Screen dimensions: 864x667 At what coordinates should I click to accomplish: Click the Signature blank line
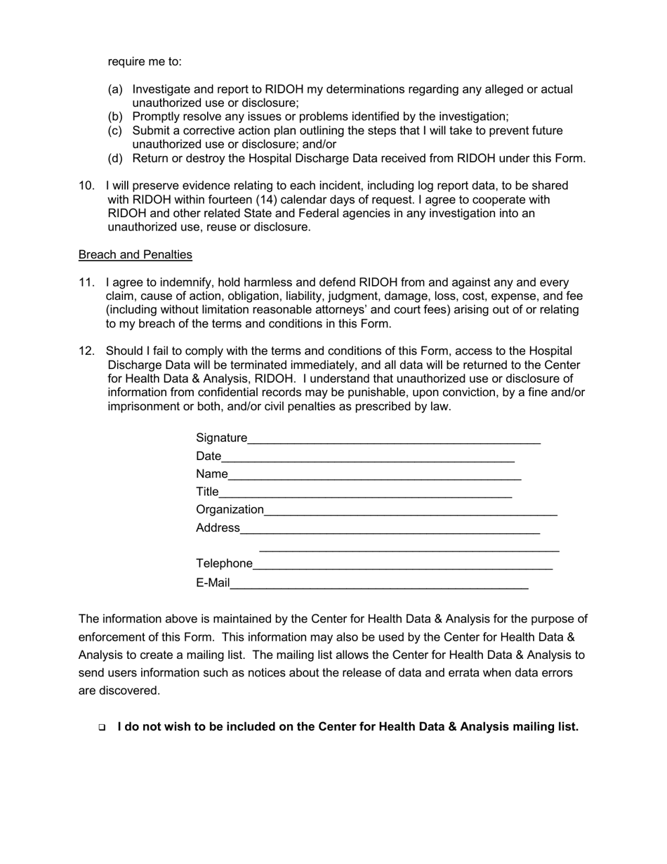[394, 440]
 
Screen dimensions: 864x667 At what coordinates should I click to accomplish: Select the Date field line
[368, 459]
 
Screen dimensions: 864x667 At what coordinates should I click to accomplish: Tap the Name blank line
[374, 476]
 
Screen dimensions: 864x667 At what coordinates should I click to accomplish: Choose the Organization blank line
[411, 512]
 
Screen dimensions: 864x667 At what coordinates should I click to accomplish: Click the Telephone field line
[402, 565]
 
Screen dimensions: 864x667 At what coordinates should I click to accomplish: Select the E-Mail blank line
[379, 584]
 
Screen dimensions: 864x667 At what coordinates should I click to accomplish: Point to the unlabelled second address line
[409, 549]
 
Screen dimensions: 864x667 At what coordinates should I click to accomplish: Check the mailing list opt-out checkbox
[103, 728]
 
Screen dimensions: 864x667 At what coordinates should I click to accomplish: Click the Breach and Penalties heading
[136, 254]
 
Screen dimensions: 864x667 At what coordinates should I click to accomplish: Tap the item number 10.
[86, 185]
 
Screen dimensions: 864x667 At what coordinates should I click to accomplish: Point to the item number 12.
[86, 351]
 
